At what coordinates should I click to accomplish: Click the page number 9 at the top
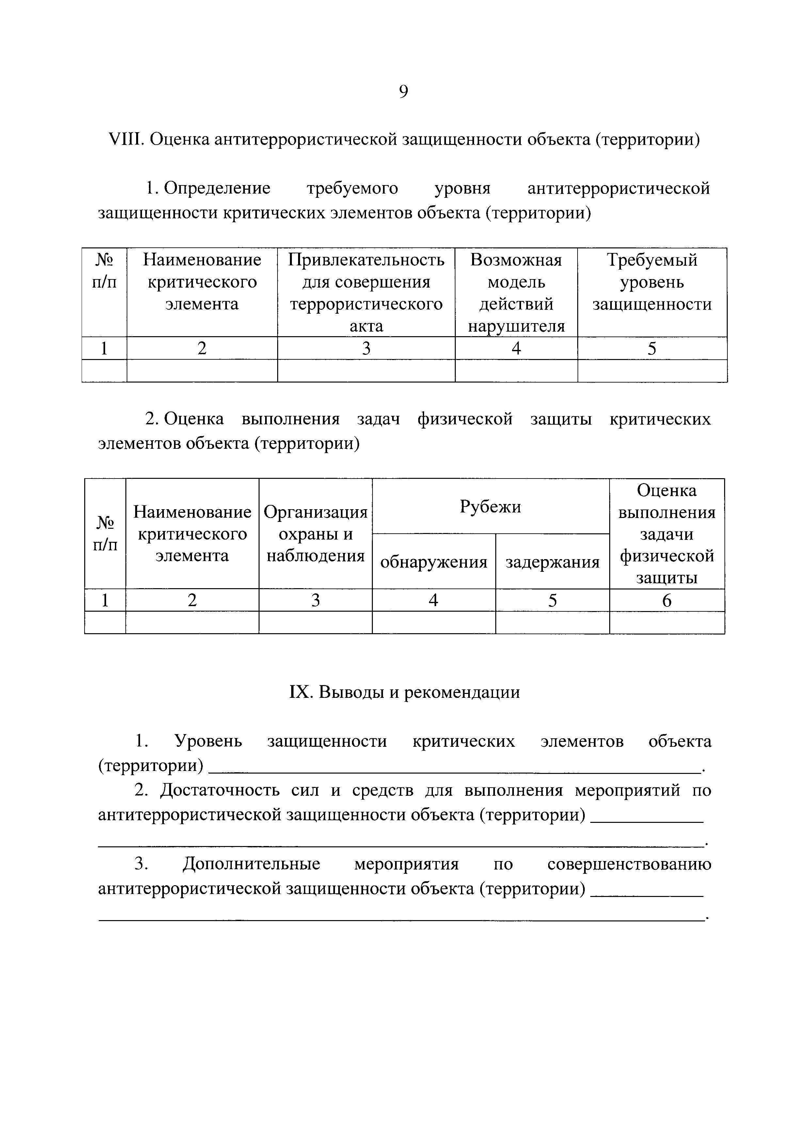click(x=404, y=92)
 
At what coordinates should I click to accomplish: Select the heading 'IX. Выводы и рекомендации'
click(x=405, y=692)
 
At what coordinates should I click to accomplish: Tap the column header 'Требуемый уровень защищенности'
click(x=652, y=282)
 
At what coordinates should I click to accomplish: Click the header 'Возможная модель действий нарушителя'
click(x=516, y=293)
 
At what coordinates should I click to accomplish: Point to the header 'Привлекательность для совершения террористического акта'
click(x=366, y=293)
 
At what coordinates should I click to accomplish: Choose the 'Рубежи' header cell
click(x=490, y=507)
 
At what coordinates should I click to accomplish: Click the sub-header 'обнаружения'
click(x=434, y=562)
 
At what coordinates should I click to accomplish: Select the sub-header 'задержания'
click(x=552, y=562)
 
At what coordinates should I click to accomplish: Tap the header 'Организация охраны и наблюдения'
click(x=315, y=534)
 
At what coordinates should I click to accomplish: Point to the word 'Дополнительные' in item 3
click(x=251, y=864)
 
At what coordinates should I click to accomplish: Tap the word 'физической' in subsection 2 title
click(x=465, y=419)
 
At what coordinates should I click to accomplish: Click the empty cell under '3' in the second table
click(x=315, y=623)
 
